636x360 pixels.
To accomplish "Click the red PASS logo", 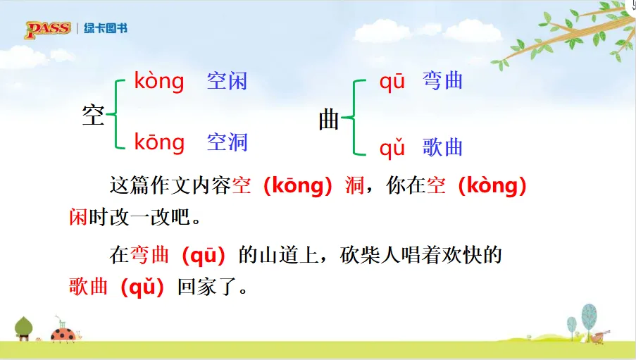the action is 48,29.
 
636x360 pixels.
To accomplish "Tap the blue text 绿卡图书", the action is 106,28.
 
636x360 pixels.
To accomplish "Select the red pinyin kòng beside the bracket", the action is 159,81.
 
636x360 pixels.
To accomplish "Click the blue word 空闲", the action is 227,81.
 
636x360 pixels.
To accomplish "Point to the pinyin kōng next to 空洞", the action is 159,142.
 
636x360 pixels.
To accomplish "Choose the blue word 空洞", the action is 227,142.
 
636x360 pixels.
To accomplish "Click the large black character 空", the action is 93,115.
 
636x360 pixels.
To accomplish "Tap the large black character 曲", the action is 328,120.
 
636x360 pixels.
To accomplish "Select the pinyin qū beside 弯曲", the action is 392,82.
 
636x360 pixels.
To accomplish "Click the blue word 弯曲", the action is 442,80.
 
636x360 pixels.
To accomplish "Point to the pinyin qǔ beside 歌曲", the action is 392,147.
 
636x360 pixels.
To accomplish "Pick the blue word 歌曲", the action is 442,147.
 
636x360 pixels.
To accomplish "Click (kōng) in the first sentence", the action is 298,186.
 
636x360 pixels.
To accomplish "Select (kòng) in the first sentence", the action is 492,186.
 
